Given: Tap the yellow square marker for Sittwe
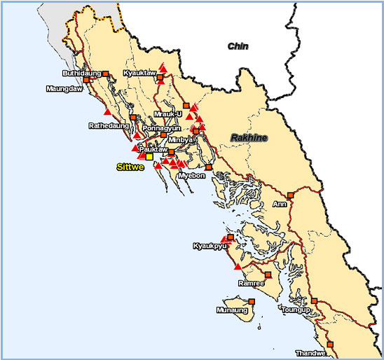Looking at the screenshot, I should (149, 157).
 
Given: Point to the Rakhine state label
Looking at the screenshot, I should (250, 138).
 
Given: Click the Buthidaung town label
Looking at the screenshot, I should (81, 73).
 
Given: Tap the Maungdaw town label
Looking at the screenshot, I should (64, 89).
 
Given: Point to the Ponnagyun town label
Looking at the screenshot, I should (161, 129).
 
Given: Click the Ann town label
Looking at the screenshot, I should (280, 205).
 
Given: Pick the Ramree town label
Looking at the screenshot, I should (251, 283).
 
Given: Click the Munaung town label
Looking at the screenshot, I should (232, 308).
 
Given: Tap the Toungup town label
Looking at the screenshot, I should (292, 308).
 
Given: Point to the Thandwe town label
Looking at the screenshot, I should (310, 352).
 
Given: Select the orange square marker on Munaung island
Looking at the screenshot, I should (252, 302).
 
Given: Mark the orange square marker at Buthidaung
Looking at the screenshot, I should (106, 74).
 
